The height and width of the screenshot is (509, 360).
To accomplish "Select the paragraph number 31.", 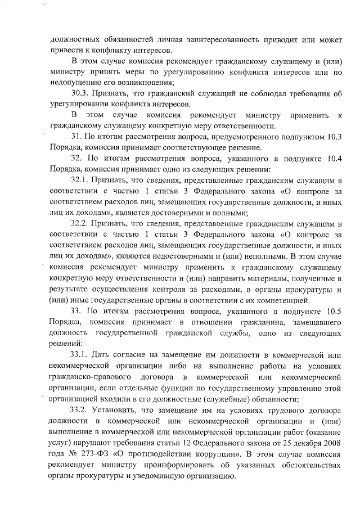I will click(76, 137).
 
